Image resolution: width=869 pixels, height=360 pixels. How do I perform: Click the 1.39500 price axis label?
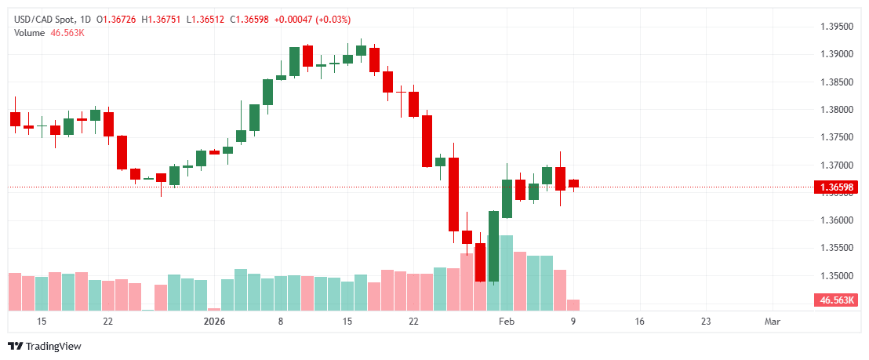click(836, 27)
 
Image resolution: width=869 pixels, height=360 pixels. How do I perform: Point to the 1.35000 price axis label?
click(836, 276)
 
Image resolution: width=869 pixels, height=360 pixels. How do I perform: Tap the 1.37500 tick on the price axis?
click(836, 137)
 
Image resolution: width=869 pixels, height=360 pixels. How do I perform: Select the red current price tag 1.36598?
click(836, 187)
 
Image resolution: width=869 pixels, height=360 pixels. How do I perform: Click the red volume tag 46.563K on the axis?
click(836, 300)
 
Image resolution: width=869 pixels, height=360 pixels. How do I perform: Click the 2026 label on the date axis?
click(214, 322)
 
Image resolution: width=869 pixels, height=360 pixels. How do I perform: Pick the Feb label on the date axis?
click(507, 322)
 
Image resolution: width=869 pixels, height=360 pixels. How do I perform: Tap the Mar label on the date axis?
click(773, 322)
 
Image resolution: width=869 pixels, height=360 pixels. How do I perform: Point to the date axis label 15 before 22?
click(42, 322)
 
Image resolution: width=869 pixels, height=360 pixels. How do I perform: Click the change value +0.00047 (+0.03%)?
click(313, 19)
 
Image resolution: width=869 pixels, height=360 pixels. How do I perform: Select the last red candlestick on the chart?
click(573, 183)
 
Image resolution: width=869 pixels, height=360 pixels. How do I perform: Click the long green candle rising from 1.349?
click(493, 245)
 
